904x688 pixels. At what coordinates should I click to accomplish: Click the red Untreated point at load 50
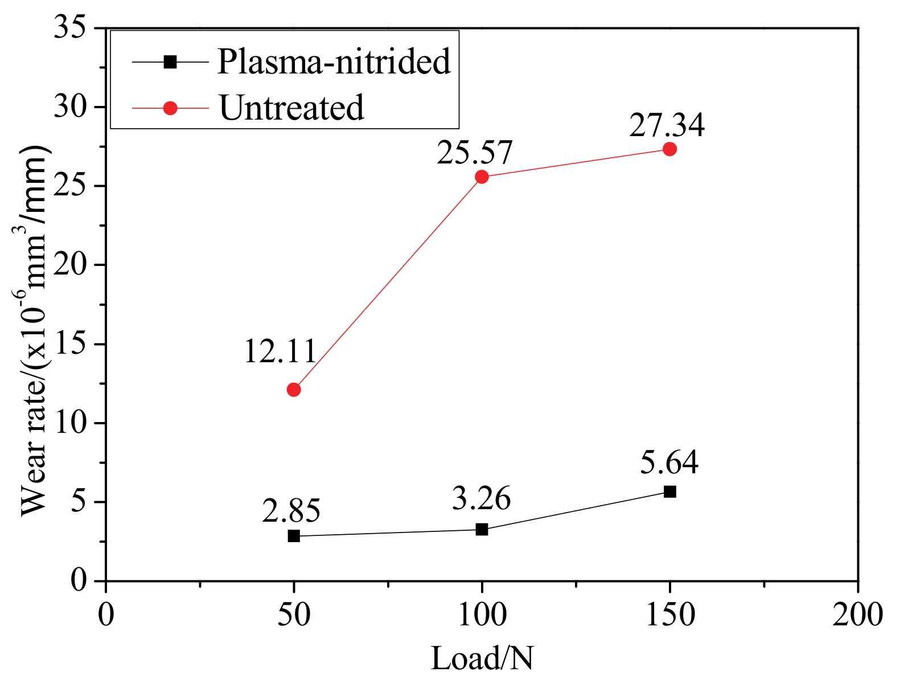pos(294,390)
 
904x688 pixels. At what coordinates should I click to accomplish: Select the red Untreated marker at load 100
pos(482,177)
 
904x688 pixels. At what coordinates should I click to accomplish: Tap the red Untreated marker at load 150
pos(670,149)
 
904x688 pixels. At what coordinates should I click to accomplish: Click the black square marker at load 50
pos(294,536)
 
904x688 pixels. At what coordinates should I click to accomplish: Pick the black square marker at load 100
pos(482,529)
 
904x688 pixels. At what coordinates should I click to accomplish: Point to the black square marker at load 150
pos(670,492)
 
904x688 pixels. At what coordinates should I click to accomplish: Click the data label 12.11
pos(280,351)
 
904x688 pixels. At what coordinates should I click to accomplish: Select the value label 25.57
pos(475,153)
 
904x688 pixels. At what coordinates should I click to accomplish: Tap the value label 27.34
pos(667,125)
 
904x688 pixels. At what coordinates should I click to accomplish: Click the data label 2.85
pos(291,510)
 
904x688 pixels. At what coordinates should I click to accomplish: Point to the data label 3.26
pos(482,499)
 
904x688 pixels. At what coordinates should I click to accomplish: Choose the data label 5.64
pos(669,462)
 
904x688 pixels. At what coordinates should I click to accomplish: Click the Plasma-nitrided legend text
pos(334,62)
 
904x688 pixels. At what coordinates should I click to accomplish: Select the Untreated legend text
pos(291,108)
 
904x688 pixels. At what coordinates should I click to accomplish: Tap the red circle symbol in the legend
pos(170,108)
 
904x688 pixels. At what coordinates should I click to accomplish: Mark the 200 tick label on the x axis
pos(857,616)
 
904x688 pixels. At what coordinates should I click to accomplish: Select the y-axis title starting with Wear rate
pos(35,330)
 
